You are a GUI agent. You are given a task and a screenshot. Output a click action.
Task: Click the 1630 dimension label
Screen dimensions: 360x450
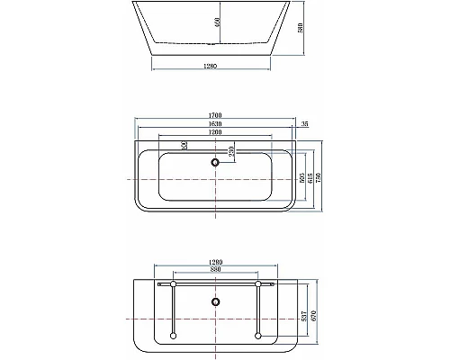[215, 125]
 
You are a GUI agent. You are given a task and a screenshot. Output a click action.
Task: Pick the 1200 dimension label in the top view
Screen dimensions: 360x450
[215, 133]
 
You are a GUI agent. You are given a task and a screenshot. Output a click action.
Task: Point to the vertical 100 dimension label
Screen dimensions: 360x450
[184, 145]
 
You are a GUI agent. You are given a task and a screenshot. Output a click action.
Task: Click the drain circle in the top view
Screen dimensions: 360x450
[215, 163]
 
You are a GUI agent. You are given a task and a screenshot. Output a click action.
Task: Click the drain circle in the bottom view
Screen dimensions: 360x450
[215, 301]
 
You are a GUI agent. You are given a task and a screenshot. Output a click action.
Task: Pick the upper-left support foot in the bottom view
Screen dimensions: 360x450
[172, 285]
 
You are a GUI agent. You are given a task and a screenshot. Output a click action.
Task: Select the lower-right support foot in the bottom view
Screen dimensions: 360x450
[258, 336]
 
